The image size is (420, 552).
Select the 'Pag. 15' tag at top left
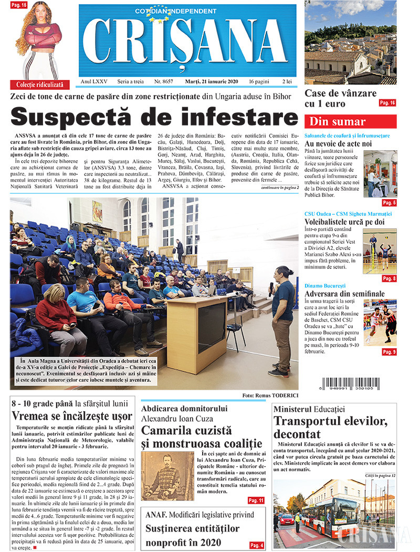[19, 4]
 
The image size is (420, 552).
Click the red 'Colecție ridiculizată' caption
[39, 84]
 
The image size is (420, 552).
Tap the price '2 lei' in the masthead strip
[287, 81]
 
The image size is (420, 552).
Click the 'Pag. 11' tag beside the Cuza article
[256, 501]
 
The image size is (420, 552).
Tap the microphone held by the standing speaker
[271, 289]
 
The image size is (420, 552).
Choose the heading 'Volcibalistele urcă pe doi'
[344, 222]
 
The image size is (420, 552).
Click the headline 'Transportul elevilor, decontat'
[330, 427]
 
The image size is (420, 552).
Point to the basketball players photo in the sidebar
[381, 322]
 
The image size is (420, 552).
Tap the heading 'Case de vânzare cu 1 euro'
[341, 98]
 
